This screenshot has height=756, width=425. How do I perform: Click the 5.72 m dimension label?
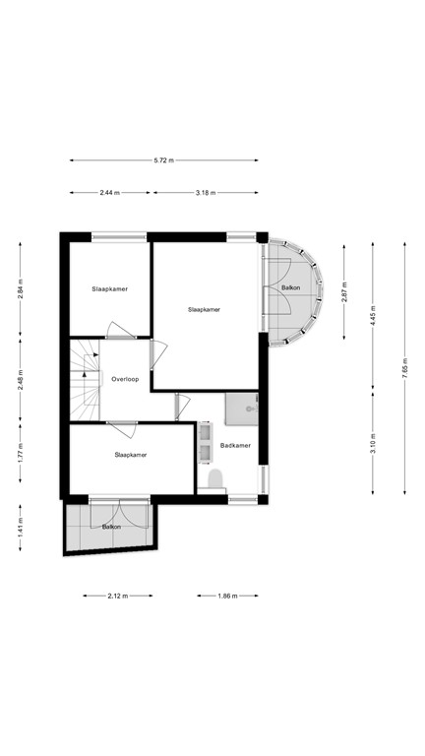pos(164,160)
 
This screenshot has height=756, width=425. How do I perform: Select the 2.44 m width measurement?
pos(109,193)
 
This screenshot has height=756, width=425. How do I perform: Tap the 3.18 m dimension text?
pos(207,193)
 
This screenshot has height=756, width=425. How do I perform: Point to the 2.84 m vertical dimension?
pos(21,286)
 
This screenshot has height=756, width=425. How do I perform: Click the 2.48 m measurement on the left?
pos(21,378)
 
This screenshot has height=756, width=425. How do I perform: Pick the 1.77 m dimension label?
pos(21,454)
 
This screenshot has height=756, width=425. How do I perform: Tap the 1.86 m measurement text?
pos(226,596)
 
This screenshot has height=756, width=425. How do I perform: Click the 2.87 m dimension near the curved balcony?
pos(343,291)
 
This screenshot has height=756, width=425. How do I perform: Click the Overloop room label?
pos(125,379)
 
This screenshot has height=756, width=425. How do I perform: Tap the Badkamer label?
pos(235,445)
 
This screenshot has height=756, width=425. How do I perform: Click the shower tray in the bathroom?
pos(242,408)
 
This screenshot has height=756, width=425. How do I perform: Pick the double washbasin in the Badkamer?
pos(206,442)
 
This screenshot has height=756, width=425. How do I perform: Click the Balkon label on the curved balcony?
pos(291,287)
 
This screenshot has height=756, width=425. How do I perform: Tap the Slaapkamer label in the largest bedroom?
pos(204,309)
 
